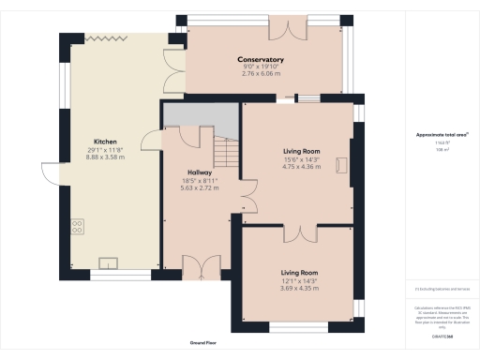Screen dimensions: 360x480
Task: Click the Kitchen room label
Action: click(x=104, y=142)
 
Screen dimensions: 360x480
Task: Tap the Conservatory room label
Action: click(x=261, y=61)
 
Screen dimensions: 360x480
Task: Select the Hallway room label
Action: click(x=199, y=172)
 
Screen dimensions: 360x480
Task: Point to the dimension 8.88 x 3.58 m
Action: click(x=104, y=157)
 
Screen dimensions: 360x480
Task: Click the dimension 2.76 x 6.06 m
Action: click(x=261, y=74)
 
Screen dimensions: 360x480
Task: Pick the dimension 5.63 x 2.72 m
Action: click(x=199, y=187)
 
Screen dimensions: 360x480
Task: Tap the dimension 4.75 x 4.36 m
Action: click(x=302, y=165)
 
